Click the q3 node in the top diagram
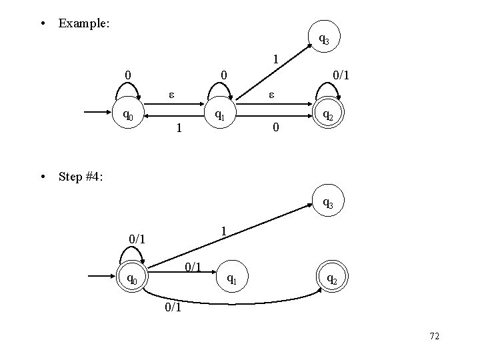(323, 40)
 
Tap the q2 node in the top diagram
(327, 115)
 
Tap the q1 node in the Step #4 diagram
(231, 278)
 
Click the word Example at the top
(84, 23)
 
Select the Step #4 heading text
(81, 177)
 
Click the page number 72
(434, 337)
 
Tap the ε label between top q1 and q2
(271, 96)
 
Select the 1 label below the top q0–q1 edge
(177, 127)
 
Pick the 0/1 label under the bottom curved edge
(172, 308)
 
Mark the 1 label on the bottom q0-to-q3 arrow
(225, 231)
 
